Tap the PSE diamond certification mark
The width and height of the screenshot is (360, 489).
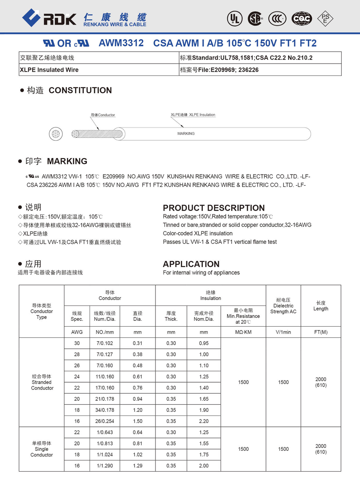pyautogui.click(x=325, y=18)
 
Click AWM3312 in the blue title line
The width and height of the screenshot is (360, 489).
pyautogui.click(x=121, y=43)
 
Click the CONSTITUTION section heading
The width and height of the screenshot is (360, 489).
pyautogui.click(x=80, y=90)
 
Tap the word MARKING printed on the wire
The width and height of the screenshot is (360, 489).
pyautogui.click(x=186, y=133)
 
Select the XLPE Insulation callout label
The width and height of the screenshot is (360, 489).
pyautogui.click(x=193, y=115)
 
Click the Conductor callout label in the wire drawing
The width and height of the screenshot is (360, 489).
pyautogui.click(x=103, y=115)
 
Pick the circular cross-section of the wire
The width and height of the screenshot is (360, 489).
pyautogui.click(x=55, y=134)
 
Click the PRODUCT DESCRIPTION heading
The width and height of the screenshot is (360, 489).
pyautogui.click(x=213, y=208)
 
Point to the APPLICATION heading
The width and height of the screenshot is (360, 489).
pyautogui.click(x=191, y=264)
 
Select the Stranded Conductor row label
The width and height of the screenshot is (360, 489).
pyautogui.click(x=42, y=382)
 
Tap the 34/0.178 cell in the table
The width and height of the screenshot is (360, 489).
pyautogui.click(x=105, y=410)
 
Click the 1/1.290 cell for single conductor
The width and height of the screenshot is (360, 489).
pyautogui.click(x=105, y=466)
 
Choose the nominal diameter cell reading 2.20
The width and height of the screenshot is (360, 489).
pyautogui.click(x=204, y=421)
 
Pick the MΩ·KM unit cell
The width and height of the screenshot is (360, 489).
pyautogui.click(x=243, y=332)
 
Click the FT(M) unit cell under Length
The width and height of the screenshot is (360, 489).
pyautogui.click(x=321, y=332)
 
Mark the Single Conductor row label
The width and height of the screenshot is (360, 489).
pyautogui.click(x=42, y=449)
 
